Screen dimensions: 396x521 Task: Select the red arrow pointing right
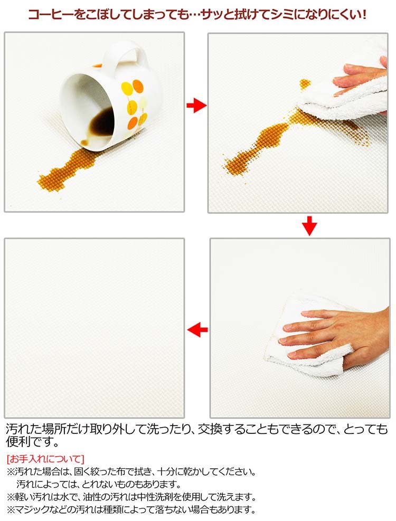point(196,106)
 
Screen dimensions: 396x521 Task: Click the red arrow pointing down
point(309,225)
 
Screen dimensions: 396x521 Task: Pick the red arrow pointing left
point(197,330)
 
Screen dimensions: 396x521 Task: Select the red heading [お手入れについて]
point(45,459)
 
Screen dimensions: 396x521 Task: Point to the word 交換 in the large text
point(210,429)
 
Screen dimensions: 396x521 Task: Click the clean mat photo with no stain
point(94,328)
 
